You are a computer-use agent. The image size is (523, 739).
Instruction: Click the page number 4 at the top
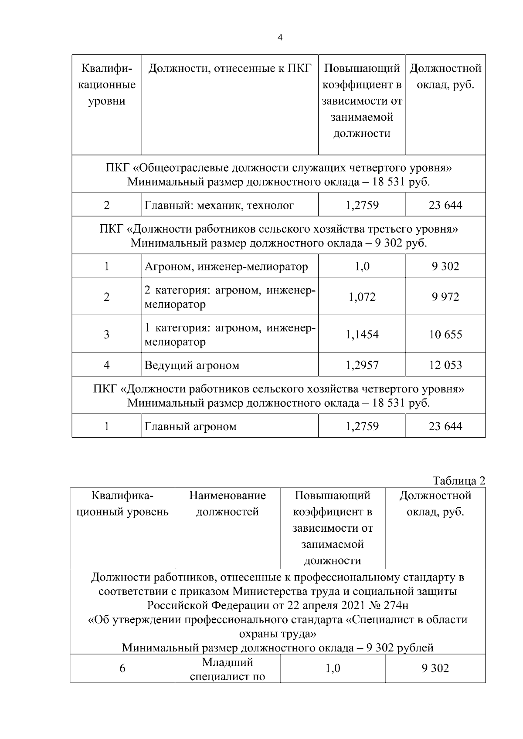click(x=280, y=37)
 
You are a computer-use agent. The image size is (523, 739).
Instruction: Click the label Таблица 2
click(x=458, y=481)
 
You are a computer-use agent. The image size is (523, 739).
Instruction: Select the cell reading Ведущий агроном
click(x=192, y=365)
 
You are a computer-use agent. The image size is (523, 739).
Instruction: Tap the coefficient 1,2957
click(x=362, y=365)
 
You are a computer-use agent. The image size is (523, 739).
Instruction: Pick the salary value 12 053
click(x=445, y=365)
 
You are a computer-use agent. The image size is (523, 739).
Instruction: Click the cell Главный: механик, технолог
click(x=219, y=205)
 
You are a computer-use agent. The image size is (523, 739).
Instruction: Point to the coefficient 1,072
click(x=362, y=297)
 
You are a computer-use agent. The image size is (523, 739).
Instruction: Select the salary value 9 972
click(x=445, y=297)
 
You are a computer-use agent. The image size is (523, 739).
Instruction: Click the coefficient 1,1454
click(x=362, y=334)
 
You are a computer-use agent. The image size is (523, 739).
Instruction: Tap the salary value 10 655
click(x=445, y=334)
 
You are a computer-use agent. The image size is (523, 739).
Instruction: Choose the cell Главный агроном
click(x=190, y=426)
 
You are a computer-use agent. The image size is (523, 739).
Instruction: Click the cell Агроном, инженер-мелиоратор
click(x=226, y=266)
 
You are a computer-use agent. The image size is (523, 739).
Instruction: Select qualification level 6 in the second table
click(x=122, y=668)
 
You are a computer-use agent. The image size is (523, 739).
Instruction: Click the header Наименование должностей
click(x=227, y=503)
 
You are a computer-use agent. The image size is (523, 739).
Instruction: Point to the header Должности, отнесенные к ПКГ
click(x=230, y=68)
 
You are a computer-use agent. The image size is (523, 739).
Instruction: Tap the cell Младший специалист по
click(x=228, y=670)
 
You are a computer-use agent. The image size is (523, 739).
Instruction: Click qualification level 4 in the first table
click(x=107, y=365)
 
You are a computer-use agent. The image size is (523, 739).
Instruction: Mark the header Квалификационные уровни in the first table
click(x=107, y=84)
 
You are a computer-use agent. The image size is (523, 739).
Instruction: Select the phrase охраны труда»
click(x=278, y=633)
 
